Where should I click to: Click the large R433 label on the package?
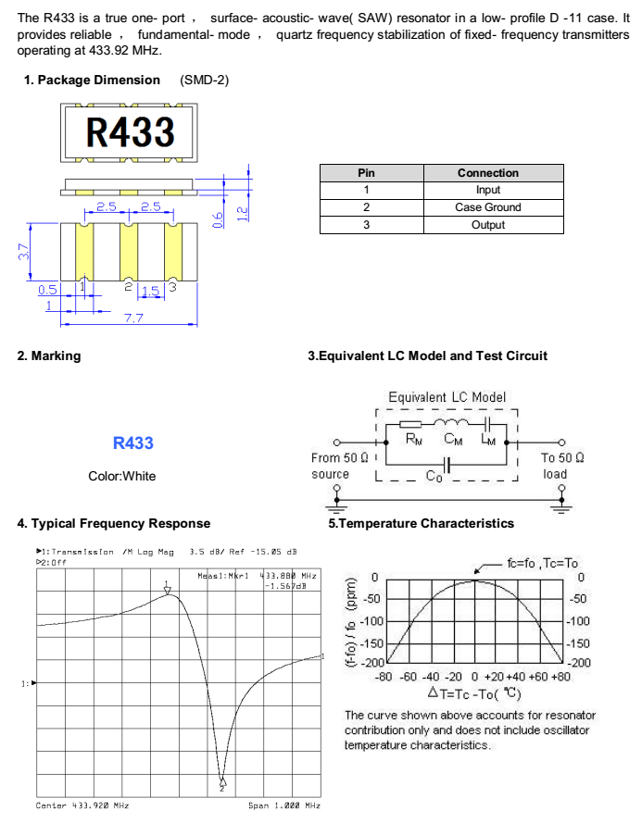[131, 131]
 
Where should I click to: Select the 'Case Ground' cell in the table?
[487, 207]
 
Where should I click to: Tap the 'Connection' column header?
[487, 173]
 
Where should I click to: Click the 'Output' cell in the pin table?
[487, 225]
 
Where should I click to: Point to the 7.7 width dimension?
[133, 318]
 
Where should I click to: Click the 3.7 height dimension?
[24, 251]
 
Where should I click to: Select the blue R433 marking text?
[132, 443]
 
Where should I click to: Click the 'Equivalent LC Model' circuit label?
[447, 397]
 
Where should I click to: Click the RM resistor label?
[414, 439]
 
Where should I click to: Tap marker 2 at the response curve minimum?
[222, 785]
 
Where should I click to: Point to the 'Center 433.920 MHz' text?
[82, 805]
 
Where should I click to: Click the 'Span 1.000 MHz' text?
[283, 805]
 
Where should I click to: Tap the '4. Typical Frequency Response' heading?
[114, 524]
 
